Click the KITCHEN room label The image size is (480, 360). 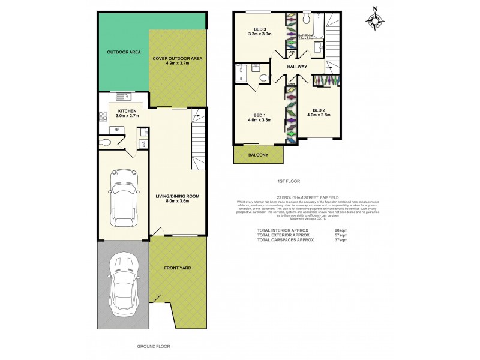pos(127,113)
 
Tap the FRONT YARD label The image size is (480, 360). pos(178,268)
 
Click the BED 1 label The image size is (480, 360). pos(259,118)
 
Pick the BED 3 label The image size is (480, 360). pos(260,32)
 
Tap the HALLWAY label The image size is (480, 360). pos(298,67)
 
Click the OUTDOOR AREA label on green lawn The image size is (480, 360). pos(124,52)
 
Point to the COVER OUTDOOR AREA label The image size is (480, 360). pos(177,61)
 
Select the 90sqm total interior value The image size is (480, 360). pos(341,230)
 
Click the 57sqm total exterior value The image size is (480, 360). pos(341,235)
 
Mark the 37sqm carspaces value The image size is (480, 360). pos(341,240)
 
